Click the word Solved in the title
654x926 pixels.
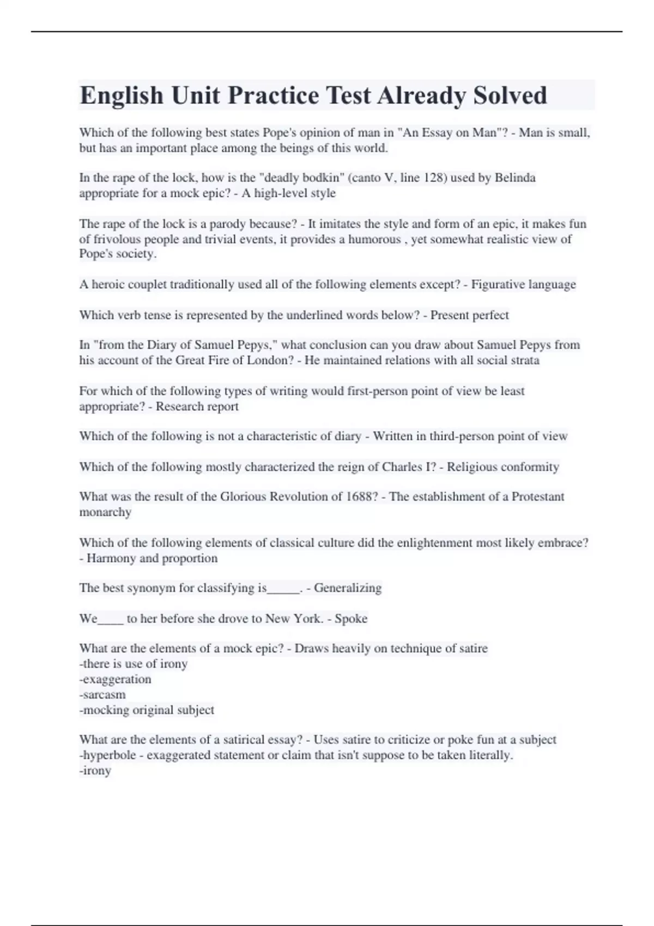coord(510,95)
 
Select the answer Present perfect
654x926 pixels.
coord(469,315)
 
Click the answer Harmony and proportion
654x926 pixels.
coord(152,558)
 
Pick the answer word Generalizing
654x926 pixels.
coord(348,588)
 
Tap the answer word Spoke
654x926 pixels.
coord(351,619)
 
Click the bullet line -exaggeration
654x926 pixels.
coord(116,679)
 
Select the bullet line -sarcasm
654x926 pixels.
coord(102,694)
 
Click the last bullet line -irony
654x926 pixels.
coord(95,771)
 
